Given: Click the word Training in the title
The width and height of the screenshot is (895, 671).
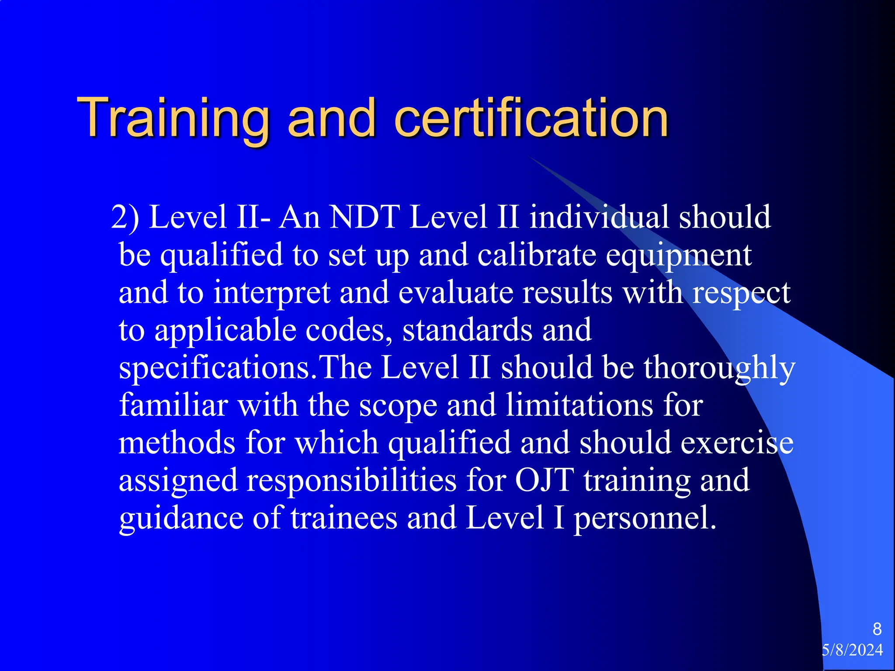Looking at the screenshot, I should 173,118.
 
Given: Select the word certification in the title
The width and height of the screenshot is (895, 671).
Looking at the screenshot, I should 531,118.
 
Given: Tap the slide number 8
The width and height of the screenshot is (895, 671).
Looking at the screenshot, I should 877,629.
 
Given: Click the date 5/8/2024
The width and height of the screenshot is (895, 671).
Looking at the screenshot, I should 852,650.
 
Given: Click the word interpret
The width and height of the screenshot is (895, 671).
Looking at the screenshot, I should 272,293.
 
